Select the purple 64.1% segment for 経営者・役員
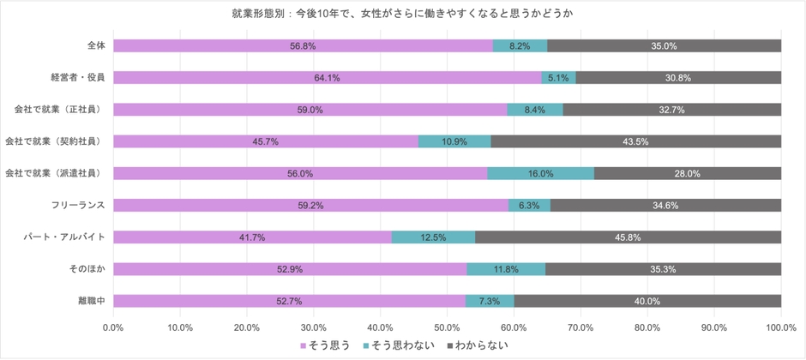pos(327,77)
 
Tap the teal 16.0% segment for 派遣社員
pos(540,173)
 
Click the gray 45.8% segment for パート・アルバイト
pos(628,237)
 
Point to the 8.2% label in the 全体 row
pos(520,45)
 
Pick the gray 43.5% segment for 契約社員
pos(635,141)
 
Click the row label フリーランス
pos(79,205)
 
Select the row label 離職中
pos(90,301)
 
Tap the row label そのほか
pos(87,268)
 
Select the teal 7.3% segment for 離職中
pos(490,301)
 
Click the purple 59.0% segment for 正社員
pos(310,110)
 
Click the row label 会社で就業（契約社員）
pos(55,141)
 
